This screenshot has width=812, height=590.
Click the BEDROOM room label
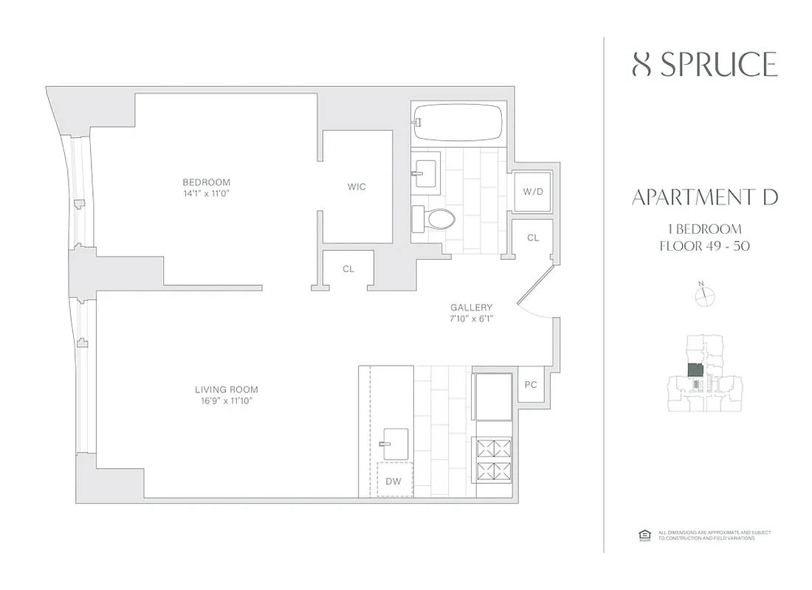pyautogui.click(x=207, y=182)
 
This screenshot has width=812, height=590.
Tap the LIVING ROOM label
pyautogui.click(x=227, y=389)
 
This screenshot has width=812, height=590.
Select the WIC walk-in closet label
pyautogui.click(x=357, y=187)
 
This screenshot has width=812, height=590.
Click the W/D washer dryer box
pyautogui.click(x=532, y=192)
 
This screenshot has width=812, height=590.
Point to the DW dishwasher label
pyautogui.click(x=393, y=482)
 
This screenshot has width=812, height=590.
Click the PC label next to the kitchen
pyautogui.click(x=530, y=384)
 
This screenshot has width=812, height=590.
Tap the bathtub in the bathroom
pyautogui.click(x=458, y=122)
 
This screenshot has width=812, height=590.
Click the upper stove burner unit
pyautogui.click(x=494, y=448)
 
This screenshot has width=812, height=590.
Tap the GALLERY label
pyautogui.click(x=471, y=308)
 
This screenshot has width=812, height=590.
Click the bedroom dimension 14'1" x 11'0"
pyautogui.click(x=207, y=193)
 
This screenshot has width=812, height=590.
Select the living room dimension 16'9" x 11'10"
pyautogui.click(x=227, y=400)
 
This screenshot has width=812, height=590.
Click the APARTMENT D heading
pyautogui.click(x=705, y=197)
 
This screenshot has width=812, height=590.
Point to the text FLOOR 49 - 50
pyautogui.click(x=705, y=246)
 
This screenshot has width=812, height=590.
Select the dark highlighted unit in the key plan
pyautogui.click(x=695, y=369)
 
